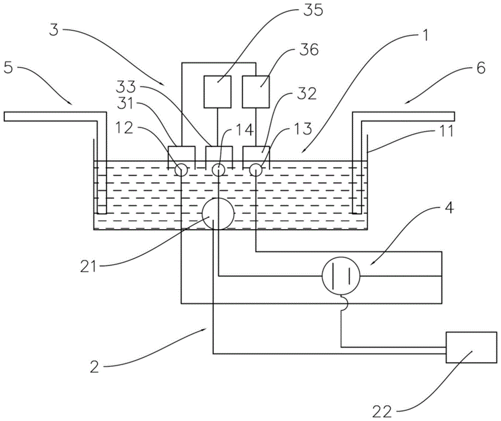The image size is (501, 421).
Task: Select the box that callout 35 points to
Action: click(217, 92)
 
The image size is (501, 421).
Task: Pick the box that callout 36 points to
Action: click(256, 92)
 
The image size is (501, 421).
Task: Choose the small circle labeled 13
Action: click(256, 170)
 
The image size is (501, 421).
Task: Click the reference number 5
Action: click(9, 68)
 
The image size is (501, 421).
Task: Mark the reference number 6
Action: click(480, 68)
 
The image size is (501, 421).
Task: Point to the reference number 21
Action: click(88, 266)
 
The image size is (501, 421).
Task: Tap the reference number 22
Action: click(382, 411)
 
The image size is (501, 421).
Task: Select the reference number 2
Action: click(95, 367)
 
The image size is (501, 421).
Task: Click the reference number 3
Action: click(54, 30)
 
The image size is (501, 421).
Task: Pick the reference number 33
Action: click(126, 87)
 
